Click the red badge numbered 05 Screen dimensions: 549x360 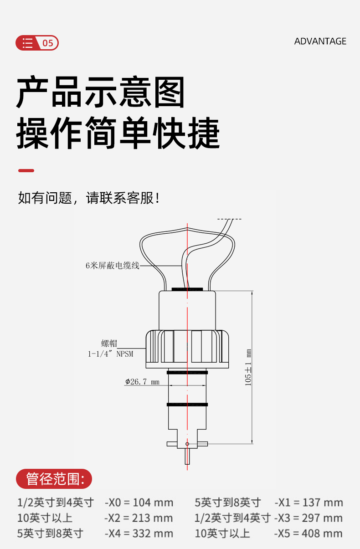pos(37,43)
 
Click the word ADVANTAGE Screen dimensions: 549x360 pos(320,41)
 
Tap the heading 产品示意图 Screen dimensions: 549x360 pos(101,92)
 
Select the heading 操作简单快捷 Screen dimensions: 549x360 pos(118,133)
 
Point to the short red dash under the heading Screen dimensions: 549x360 pos(26,170)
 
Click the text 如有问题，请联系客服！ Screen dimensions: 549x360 pos(89,198)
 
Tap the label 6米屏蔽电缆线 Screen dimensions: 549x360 pos(112,266)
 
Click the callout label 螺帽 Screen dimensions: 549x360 pos(109,344)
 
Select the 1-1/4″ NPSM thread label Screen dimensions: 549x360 pos(111,354)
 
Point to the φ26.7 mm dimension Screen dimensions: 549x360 pos(142,382)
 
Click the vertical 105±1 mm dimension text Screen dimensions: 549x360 pos(248,368)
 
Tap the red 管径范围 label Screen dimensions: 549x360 pos(54,479)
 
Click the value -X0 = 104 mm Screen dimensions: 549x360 pos(139,503)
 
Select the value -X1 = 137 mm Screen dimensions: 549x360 pos(309,503)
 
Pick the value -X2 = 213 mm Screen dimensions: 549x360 pos(139,518)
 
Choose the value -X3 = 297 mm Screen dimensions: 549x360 pos(309,518)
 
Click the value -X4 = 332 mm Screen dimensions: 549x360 pos(139,533)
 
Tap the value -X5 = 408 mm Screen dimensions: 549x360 pos(309,533)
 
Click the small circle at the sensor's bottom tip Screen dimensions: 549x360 pos(187,444)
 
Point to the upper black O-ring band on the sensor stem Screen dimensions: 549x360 pos(187,373)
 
